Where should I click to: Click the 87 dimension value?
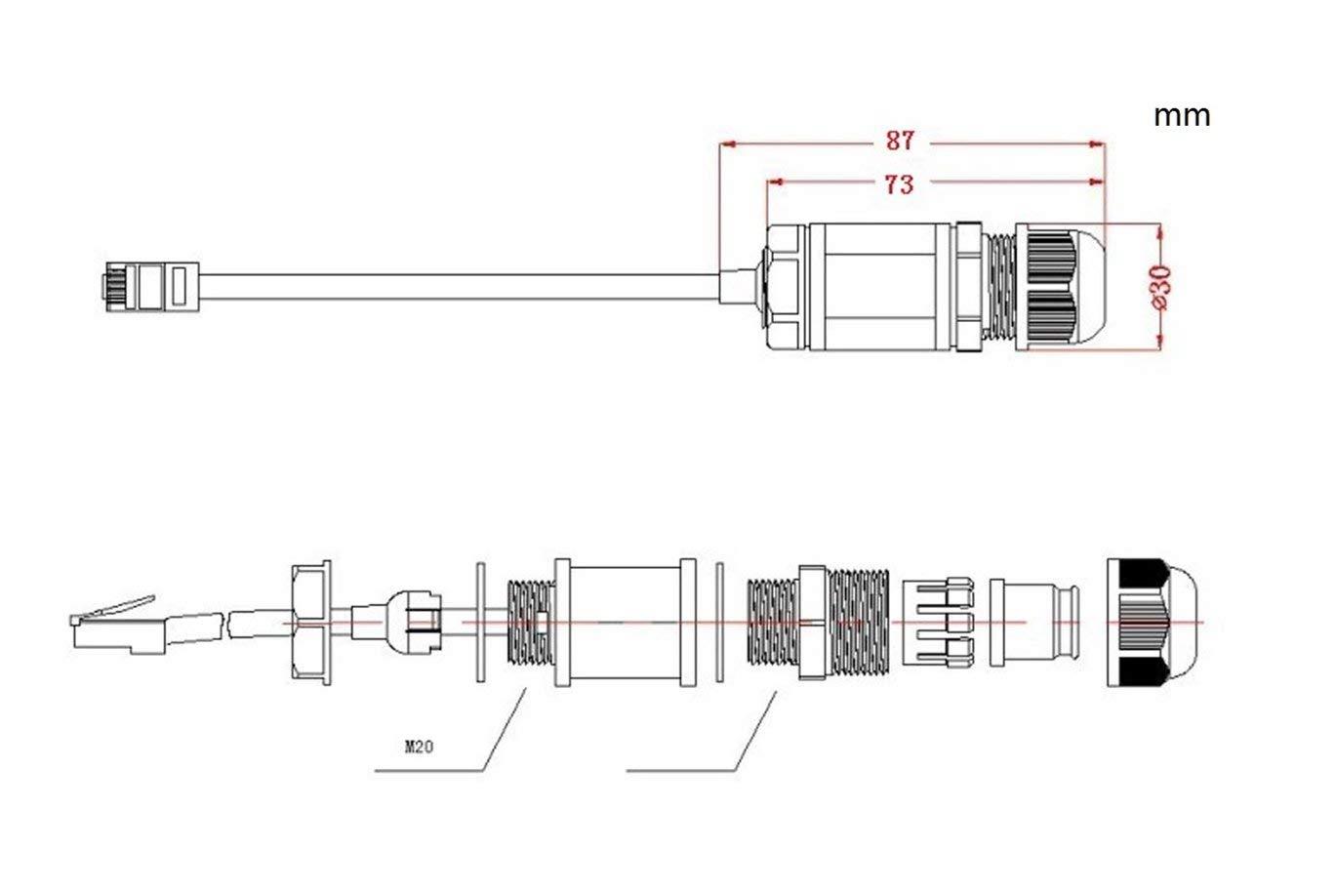[x=900, y=141]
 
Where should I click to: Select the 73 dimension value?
[x=899, y=183]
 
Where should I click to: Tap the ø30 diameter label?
[x=1161, y=287]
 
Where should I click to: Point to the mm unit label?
[x=1182, y=115]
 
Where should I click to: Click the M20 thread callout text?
[x=419, y=749]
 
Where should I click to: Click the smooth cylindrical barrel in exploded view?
[x=625, y=623]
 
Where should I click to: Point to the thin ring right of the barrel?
[x=721, y=623]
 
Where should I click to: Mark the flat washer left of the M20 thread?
[x=480, y=623]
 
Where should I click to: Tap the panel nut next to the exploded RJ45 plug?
[x=311, y=622]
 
